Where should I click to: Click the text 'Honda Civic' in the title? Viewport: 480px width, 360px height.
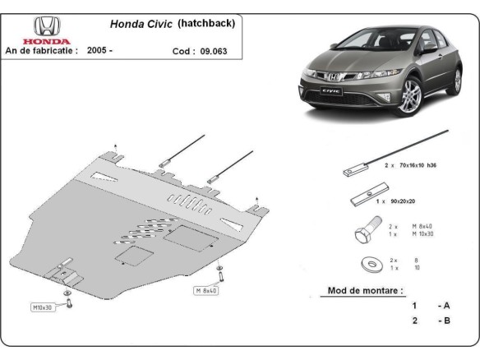pos(141,25)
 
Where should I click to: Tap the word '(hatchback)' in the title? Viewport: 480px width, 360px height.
pos(206,24)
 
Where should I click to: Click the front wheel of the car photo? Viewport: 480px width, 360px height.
pos(411,95)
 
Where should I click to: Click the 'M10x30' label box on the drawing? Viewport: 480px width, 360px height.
pos(43,307)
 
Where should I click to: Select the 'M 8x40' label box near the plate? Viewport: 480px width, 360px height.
pos(206,290)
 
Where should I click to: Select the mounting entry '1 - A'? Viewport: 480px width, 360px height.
pos(431,305)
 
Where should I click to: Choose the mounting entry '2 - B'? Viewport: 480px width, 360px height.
pos(431,321)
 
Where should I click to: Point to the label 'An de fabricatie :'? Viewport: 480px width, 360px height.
pos(42,51)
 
